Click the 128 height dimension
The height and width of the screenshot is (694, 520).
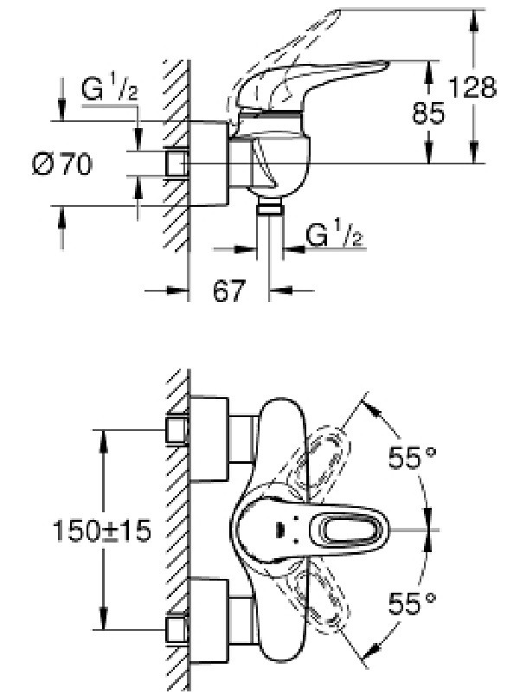tap(472, 87)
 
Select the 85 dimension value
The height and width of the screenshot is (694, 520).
tap(428, 112)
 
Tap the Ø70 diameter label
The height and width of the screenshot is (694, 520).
tap(62, 164)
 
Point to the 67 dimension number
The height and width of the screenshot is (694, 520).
tap(228, 291)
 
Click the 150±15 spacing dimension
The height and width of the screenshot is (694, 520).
tap(102, 530)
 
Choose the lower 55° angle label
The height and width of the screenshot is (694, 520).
tap(412, 602)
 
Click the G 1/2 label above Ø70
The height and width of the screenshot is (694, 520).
tap(109, 89)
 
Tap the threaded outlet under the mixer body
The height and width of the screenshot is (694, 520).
tap(270, 207)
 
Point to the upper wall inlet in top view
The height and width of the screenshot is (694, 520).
tap(177, 429)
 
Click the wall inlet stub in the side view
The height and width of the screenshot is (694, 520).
tap(177, 164)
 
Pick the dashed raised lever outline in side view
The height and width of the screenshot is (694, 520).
tap(278, 53)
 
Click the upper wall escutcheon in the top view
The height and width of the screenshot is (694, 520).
tap(209, 439)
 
